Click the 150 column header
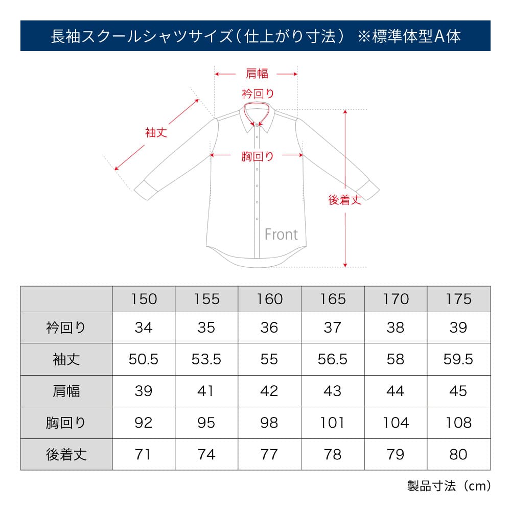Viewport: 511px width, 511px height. click(x=144, y=299)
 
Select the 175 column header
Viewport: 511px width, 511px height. click(x=458, y=299)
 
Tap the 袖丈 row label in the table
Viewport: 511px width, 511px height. click(x=66, y=359)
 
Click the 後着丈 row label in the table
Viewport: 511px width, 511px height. click(x=66, y=455)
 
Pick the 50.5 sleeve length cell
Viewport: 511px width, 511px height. click(x=144, y=359)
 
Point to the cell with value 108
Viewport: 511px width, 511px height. click(x=458, y=423)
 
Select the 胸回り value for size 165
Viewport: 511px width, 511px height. click(x=333, y=423)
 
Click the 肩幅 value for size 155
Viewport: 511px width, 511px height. click(x=206, y=391)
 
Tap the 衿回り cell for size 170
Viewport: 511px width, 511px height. click(x=396, y=328)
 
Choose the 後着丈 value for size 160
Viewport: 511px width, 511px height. click(x=269, y=455)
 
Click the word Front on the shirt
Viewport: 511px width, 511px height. click(x=281, y=235)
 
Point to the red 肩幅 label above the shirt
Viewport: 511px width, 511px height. click(x=257, y=73)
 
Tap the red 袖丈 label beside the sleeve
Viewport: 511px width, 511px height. click(x=156, y=133)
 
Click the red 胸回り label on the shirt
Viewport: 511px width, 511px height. click(x=258, y=156)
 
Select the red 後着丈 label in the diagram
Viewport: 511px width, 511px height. click(x=345, y=200)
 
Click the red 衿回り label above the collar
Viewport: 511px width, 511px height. click(x=258, y=94)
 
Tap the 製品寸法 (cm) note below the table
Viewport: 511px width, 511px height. click(x=449, y=486)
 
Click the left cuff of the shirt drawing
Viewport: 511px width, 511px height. click(x=146, y=190)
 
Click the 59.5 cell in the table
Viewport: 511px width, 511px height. click(x=458, y=359)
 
